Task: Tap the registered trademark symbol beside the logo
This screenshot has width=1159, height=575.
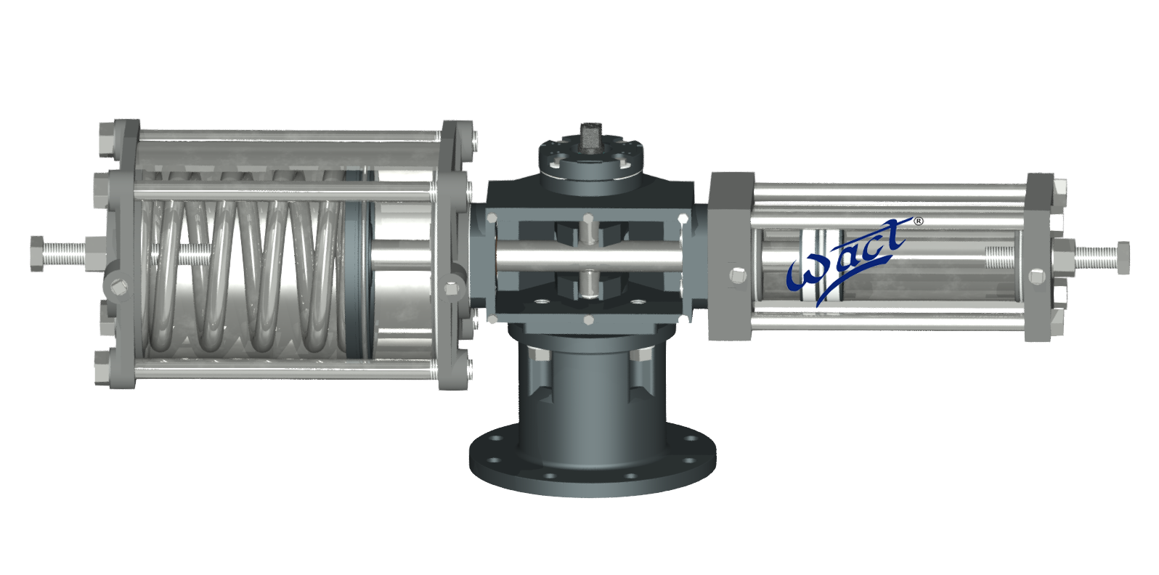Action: coord(918,221)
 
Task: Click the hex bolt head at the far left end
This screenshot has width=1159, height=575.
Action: coord(36,253)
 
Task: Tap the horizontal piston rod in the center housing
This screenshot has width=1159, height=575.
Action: coord(588,256)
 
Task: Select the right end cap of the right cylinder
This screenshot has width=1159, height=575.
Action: coord(1040,257)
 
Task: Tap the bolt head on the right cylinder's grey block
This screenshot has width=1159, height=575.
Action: coord(738,276)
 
